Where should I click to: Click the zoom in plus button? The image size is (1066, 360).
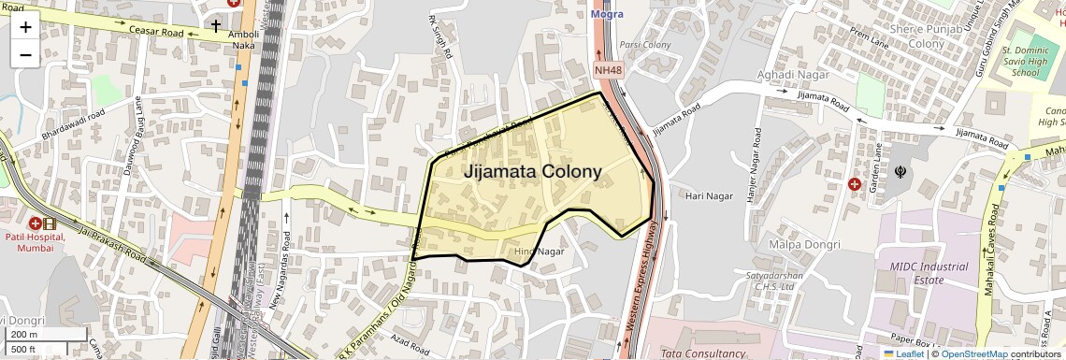(25, 27)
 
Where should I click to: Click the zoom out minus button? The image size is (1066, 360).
(25, 54)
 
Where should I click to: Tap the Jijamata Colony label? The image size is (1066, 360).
(532, 172)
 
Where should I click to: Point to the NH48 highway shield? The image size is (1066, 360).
(608, 70)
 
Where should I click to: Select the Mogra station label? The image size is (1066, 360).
(607, 14)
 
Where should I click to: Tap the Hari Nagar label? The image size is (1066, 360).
(707, 196)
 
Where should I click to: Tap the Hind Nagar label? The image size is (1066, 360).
(540, 252)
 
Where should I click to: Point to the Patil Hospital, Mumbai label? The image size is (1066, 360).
(34, 241)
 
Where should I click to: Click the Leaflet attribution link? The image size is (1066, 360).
(902, 353)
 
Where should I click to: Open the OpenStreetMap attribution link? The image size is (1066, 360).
(973, 353)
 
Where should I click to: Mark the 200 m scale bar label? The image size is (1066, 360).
(23, 335)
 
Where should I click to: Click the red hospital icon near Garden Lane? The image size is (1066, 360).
(855, 184)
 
